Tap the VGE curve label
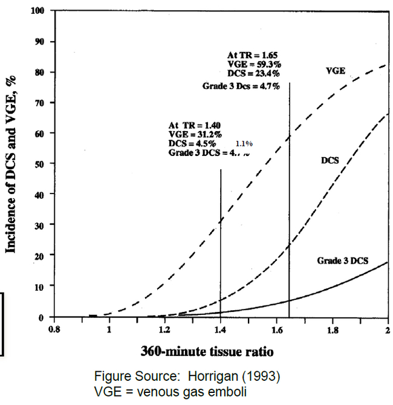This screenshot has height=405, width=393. coord(336,70)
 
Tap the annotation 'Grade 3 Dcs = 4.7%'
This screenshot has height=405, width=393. coord(241,86)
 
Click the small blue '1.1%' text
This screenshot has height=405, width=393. coord(244,144)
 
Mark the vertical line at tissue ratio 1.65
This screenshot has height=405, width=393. coord(290,199)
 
